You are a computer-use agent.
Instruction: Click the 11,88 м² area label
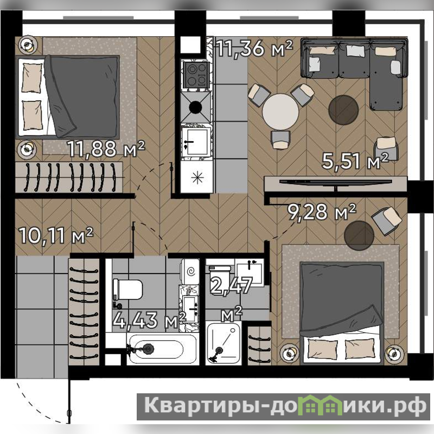(x=106, y=148)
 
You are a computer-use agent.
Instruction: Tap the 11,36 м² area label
(x=254, y=48)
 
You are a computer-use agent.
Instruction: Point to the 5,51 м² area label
(x=355, y=161)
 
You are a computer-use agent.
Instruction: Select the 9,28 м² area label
(x=322, y=212)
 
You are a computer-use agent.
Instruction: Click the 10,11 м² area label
(x=56, y=235)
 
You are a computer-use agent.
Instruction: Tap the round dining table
(x=280, y=112)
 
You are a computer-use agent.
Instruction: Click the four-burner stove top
(x=196, y=74)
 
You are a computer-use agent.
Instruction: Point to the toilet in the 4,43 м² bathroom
(x=127, y=289)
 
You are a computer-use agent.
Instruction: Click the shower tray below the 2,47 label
(x=223, y=343)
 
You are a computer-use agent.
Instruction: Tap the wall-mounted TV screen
(x=335, y=182)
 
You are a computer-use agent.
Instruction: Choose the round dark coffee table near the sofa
(x=343, y=110)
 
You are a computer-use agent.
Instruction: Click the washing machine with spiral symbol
(x=190, y=272)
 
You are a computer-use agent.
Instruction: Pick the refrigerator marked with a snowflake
(x=197, y=177)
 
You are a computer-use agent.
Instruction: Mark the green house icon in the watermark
(x=320, y=406)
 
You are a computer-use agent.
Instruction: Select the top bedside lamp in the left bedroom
(x=27, y=45)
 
